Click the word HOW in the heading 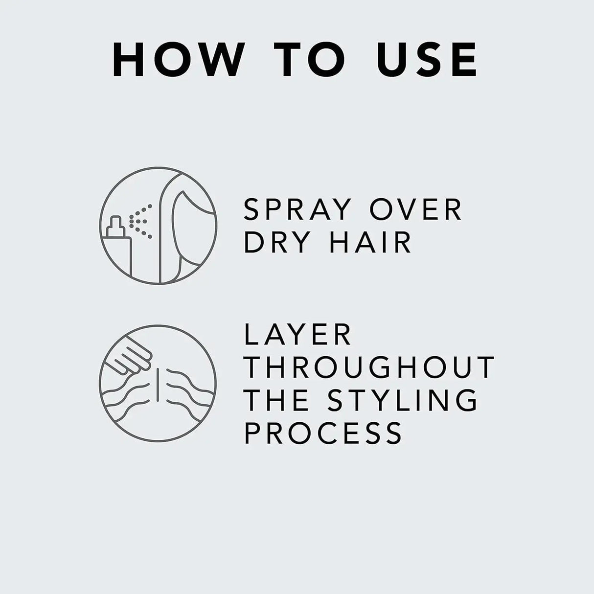tap(176, 60)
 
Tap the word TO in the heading tap(314, 60)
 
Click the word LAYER tap(297, 335)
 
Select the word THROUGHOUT tap(369, 367)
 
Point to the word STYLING tap(403, 400)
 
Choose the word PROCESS tap(323, 432)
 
